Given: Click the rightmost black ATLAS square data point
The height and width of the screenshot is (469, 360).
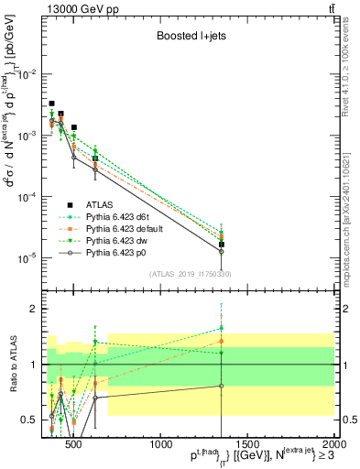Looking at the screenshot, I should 222,245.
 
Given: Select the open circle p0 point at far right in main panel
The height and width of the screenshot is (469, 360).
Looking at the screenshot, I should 222,251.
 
